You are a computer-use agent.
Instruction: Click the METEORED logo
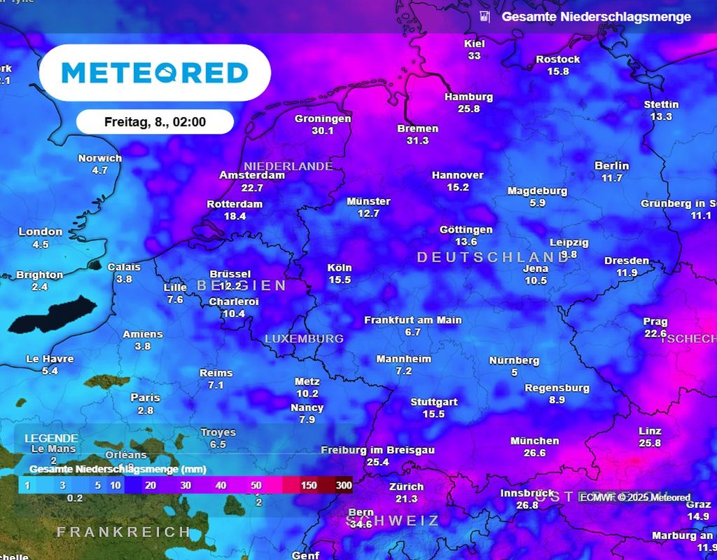coord(155,73)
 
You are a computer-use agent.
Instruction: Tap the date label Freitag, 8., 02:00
coord(155,122)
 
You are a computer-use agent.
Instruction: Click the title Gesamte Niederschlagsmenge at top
coord(596,17)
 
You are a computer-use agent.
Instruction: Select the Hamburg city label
coord(468,97)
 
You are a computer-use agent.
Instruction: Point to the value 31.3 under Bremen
coord(417,141)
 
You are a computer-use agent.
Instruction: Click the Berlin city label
coord(611,166)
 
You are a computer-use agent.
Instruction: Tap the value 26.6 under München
coord(534,453)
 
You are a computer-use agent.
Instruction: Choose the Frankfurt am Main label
coord(412,320)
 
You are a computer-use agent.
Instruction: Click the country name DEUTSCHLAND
coord(492,257)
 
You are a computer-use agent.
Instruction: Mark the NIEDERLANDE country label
coord(288,166)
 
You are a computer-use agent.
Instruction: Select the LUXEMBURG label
coord(304,339)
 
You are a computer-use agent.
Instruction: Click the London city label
coord(41,232)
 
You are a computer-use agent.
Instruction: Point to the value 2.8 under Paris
coord(145,411)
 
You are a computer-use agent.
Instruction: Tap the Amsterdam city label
coord(252,175)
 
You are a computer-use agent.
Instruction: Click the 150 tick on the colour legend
coord(308,486)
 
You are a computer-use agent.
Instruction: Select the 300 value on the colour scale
coord(343,486)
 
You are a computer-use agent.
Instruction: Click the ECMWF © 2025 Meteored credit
coord(634,498)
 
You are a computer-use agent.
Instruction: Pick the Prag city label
coord(655,322)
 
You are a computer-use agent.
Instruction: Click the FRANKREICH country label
coord(123,532)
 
